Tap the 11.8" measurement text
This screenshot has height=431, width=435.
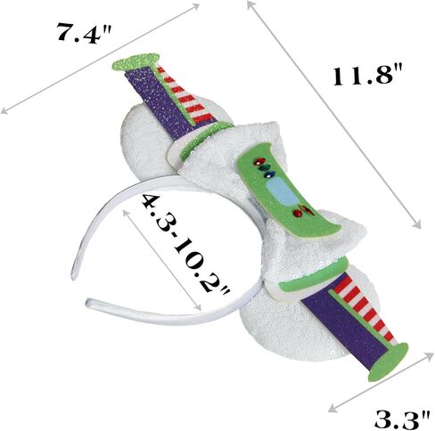click(367, 77)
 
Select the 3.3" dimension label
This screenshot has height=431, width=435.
click(402, 419)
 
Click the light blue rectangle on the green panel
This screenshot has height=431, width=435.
click(282, 193)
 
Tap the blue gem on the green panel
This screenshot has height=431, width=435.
click(271, 175)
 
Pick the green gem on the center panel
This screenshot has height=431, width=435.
click(263, 168)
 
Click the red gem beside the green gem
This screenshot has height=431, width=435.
click(258, 162)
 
